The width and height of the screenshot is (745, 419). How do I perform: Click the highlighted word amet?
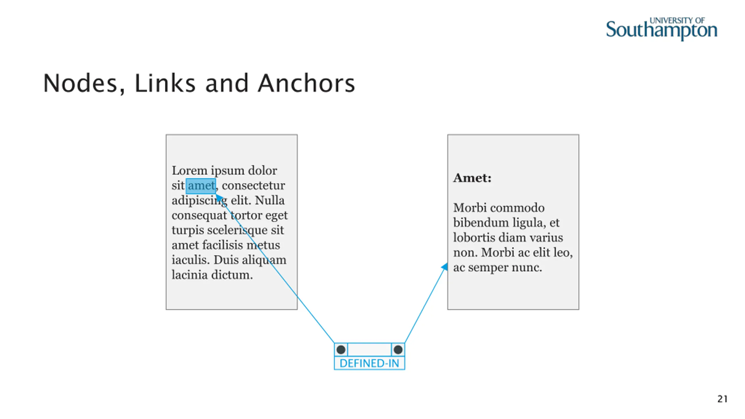201,186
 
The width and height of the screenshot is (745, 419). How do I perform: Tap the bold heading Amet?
472,178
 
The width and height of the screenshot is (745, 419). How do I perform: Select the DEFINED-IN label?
369,363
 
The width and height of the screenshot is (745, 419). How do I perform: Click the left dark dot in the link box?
341,349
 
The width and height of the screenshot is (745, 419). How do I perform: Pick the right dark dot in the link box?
398,349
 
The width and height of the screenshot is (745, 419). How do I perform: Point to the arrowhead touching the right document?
444,267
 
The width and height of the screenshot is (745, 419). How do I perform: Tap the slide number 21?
722,399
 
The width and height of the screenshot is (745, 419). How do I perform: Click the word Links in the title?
165,84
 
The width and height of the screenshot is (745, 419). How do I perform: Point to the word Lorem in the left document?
189,171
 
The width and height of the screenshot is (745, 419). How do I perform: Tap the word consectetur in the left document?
253,186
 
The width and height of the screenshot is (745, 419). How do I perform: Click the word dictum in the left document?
232,275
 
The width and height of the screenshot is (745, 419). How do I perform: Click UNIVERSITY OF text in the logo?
677,21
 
